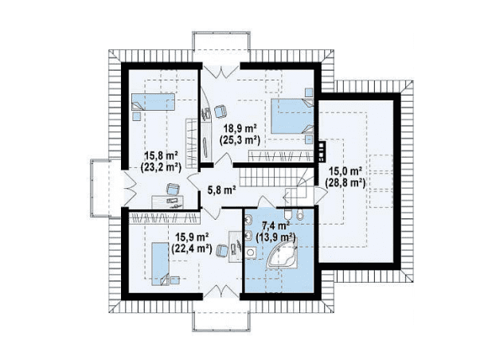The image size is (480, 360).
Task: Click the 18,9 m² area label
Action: click(x=240, y=128)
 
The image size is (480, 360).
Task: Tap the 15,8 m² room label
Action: click(x=162, y=155)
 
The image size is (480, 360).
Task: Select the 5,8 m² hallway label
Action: click(x=221, y=190)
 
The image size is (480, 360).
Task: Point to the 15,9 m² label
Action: click(x=192, y=237)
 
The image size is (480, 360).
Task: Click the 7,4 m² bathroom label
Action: click(x=276, y=226)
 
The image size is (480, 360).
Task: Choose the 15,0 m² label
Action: click(x=345, y=171)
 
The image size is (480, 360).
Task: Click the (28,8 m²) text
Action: click(x=345, y=183)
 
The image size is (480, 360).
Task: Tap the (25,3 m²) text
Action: click(x=240, y=140)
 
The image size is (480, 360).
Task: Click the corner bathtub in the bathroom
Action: click(x=283, y=252)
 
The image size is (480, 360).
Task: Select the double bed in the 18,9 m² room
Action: click(x=292, y=115)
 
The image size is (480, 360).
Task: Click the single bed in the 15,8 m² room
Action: click(x=153, y=102)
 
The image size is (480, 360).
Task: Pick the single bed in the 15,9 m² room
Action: click(x=161, y=264)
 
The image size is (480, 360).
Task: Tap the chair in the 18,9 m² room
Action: click(x=220, y=111)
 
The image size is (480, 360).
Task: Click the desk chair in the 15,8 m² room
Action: click(x=173, y=189)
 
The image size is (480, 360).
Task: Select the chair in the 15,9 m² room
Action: click(x=222, y=250)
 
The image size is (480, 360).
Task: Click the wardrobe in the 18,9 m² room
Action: click(x=281, y=156)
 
